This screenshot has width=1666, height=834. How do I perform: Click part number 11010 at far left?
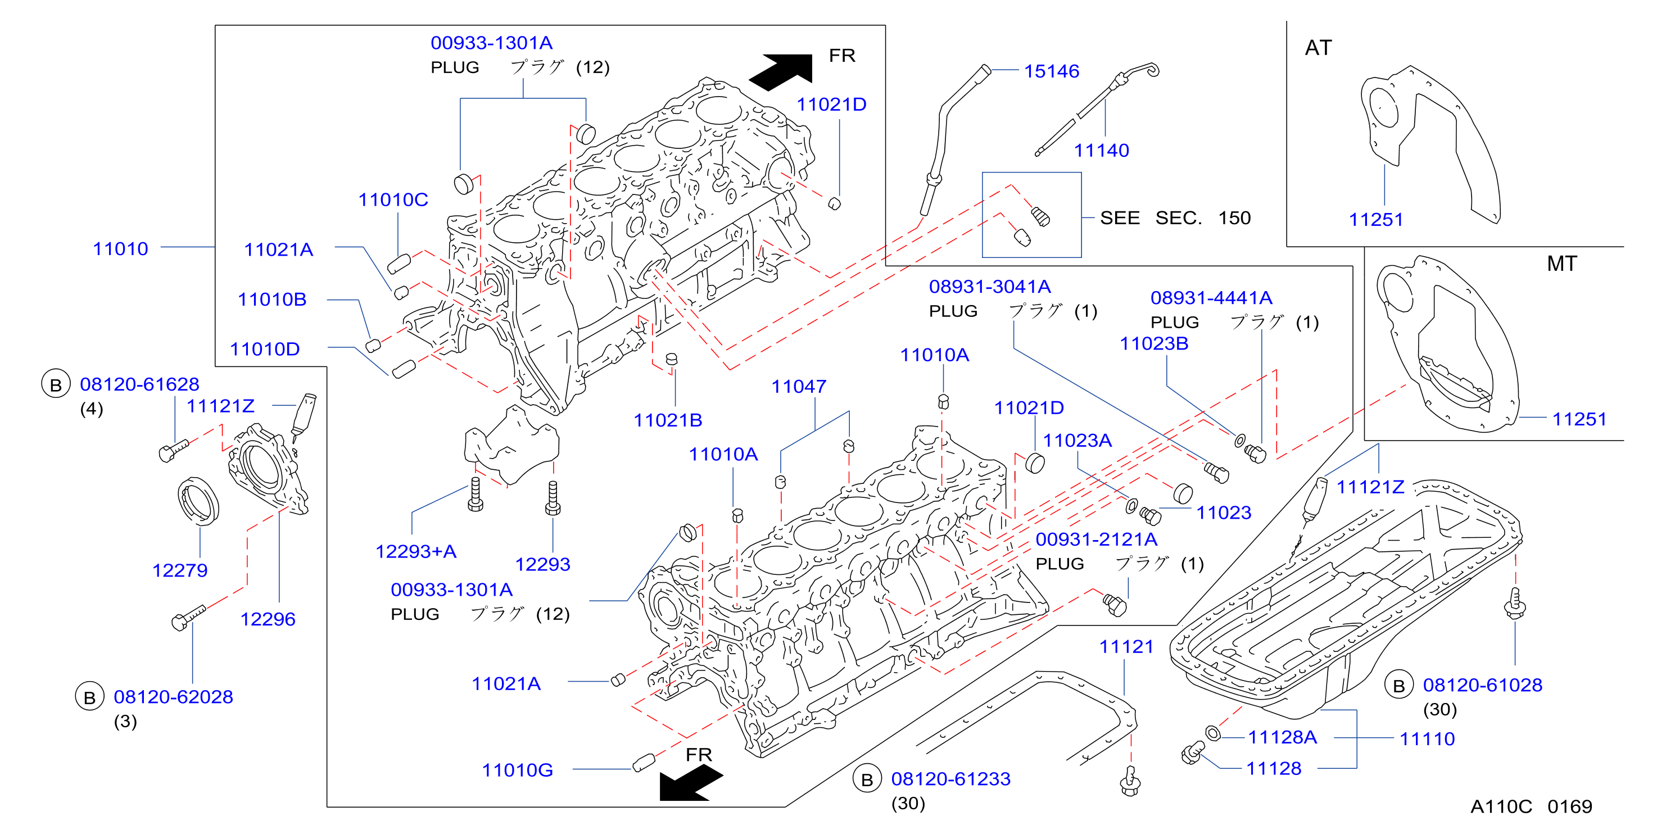coord(120,249)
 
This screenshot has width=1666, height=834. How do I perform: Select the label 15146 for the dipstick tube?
coord(1052,71)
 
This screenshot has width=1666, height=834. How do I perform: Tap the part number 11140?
coord(1102,151)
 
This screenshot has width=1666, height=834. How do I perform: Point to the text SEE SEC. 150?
coord(1175,218)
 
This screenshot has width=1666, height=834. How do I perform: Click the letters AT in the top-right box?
coord(1318,48)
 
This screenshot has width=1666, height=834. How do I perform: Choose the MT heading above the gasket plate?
coord(1562,264)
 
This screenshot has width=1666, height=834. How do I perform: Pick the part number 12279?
coord(180,571)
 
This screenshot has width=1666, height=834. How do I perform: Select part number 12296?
coord(268,619)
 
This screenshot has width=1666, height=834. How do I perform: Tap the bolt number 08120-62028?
coord(173,697)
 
